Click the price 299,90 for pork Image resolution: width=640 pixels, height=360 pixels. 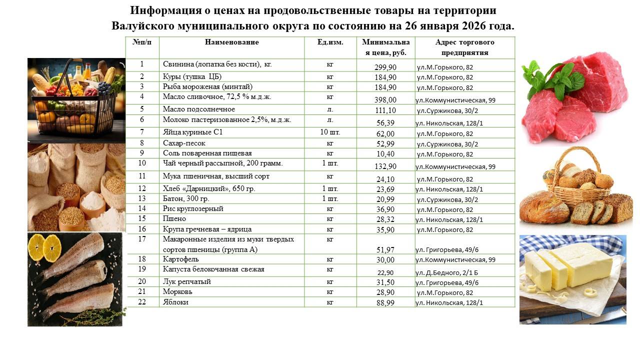(385, 67)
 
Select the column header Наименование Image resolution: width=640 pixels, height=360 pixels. (231, 42)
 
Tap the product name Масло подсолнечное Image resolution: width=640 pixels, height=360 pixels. (198, 109)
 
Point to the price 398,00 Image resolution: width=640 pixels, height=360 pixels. (385, 100)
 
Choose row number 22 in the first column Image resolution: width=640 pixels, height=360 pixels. (142, 302)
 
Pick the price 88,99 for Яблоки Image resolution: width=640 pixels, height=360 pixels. (385, 302)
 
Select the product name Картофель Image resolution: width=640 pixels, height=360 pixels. (180, 259)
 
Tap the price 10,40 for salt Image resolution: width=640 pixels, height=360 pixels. (385, 154)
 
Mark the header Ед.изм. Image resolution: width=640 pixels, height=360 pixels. (330, 42)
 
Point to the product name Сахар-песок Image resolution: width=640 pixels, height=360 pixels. (184, 143)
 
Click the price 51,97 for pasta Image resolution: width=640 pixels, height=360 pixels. (385, 249)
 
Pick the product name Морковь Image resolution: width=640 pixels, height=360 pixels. (177, 291)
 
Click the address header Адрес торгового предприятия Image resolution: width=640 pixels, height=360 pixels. (464, 47)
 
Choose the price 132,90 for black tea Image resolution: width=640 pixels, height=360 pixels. (385, 166)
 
